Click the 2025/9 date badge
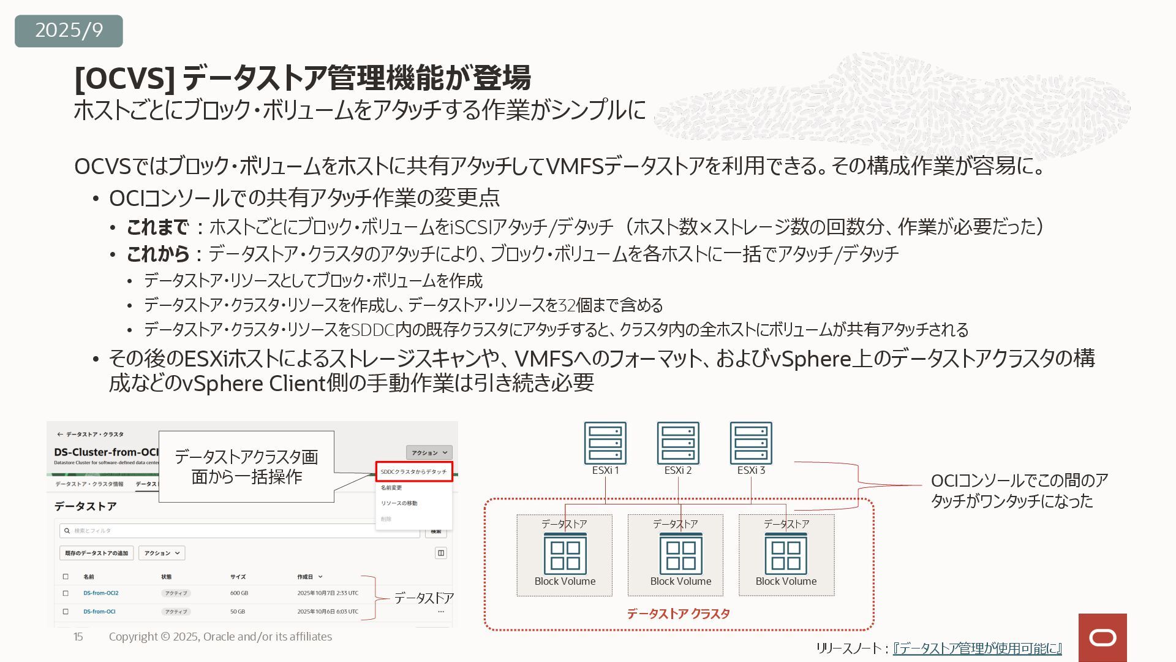pyautogui.click(x=69, y=31)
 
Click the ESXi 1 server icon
pyautogui.click(x=605, y=443)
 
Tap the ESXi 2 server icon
pyautogui.click(x=678, y=443)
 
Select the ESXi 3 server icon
pyautogui.click(x=751, y=443)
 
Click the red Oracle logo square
pyautogui.click(x=1102, y=637)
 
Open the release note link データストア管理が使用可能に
pyautogui.click(x=977, y=648)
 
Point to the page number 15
pyautogui.click(x=78, y=637)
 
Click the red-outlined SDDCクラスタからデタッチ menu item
pyautogui.click(x=414, y=471)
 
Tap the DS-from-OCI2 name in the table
pyautogui.click(x=101, y=593)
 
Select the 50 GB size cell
pyautogui.click(x=238, y=612)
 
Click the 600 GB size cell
pyautogui.click(x=239, y=593)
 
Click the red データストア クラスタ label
pyautogui.click(x=678, y=614)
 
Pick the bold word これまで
pyautogui.click(x=157, y=227)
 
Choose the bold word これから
pyautogui.click(x=157, y=253)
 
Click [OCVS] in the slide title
pyautogui.click(x=124, y=78)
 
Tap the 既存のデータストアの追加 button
pyautogui.click(x=97, y=553)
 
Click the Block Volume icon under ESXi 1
pyautogui.click(x=565, y=554)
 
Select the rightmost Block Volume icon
pyautogui.click(x=786, y=554)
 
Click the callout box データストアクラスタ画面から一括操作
pyautogui.click(x=246, y=466)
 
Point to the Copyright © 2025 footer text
pyautogui.click(x=221, y=637)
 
